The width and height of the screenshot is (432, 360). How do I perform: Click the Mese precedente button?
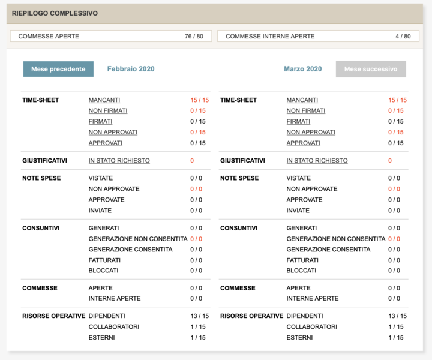point(58,69)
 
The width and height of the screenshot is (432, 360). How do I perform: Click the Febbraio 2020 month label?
point(131,69)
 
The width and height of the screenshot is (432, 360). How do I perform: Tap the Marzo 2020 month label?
point(302,69)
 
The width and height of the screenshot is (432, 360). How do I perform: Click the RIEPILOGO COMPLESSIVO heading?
point(55,13)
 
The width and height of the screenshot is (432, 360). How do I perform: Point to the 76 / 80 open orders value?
point(194,37)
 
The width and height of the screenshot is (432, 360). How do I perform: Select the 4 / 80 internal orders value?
point(403,37)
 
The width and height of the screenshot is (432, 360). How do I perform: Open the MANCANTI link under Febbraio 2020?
point(104,100)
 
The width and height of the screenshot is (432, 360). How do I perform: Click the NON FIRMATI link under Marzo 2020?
point(306,111)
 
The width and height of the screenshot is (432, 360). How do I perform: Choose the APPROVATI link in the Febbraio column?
point(106,143)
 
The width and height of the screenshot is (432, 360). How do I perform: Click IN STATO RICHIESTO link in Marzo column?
point(317,161)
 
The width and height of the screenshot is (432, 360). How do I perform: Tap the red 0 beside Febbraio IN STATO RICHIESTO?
point(192,161)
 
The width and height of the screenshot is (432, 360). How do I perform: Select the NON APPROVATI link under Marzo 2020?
point(311,133)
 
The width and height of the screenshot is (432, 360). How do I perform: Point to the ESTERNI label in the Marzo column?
point(299,338)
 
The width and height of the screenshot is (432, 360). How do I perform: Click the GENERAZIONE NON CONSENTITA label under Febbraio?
point(137,239)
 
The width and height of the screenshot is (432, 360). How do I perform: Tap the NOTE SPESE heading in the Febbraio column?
point(41,178)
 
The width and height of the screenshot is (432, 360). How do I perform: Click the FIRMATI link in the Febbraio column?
point(100,122)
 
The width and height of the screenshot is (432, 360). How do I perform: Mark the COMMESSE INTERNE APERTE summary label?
point(270,37)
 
